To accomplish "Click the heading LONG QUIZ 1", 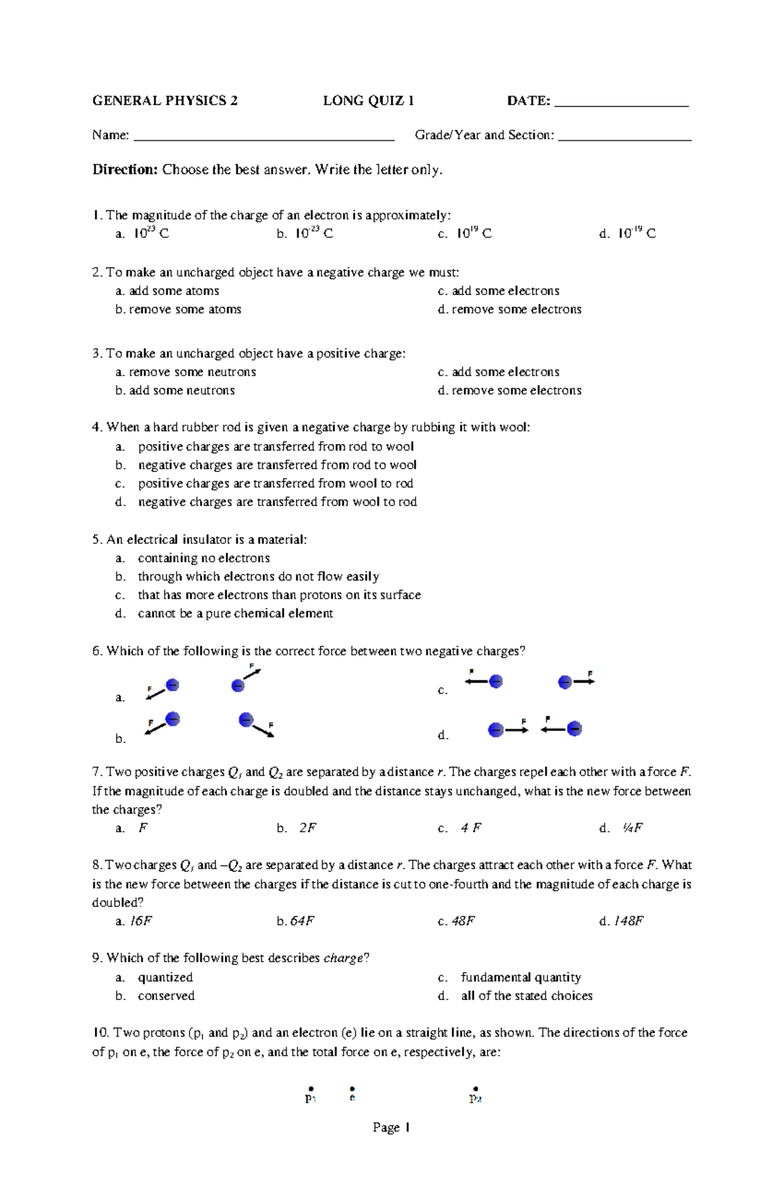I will pyautogui.click(x=368, y=101).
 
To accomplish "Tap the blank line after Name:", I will pyautogui.click(x=263, y=137).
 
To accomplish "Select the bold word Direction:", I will pyautogui.click(x=125, y=170).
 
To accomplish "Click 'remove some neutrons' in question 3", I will pyautogui.click(x=192, y=371).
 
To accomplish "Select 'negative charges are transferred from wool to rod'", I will pyautogui.click(x=277, y=501).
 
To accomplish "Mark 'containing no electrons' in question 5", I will pyautogui.click(x=203, y=558).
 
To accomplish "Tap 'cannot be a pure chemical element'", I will pyautogui.click(x=235, y=613).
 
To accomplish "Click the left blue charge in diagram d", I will pyautogui.click(x=496, y=729).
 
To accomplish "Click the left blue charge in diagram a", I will pyautogui.click(x=172, y=685).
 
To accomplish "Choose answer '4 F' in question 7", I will pyautogui.click(x=470, y=828).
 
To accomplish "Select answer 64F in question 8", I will pyautogui.click(x=302, y=921).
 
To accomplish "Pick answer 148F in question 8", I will pyautogui.click(x=629, y=921).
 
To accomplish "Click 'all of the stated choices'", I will pyautogui.click(x=527, y=996).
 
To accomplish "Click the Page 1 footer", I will pyautogui.click(x=391, y=1146).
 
